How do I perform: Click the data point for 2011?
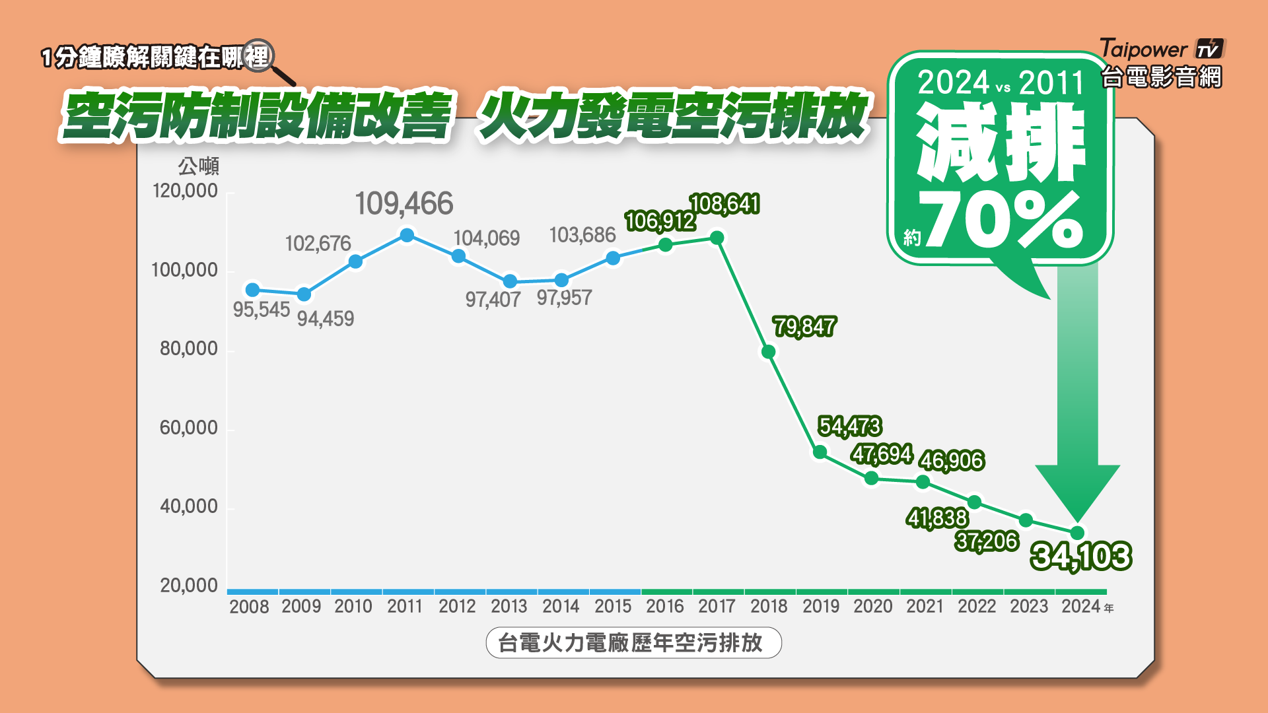click(x=407, y=236)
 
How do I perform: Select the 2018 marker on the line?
click(x=768, y=352)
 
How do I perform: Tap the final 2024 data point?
click(x=1077, y=533)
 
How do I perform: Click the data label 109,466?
click(x=404, y=203)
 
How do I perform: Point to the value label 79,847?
click(x=804, y=326)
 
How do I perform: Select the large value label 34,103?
click(x=1081, y=556)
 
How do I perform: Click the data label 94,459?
click(x=325, y=319)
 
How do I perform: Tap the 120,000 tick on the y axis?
click(x=185, y=191)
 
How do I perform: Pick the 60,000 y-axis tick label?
click(x=188, y=428)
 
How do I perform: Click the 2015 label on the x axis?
click(x=613, y=606)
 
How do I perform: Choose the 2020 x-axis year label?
click(x=872, y=606)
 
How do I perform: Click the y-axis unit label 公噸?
click(x=198, y=166)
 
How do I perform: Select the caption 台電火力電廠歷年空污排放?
click(x=633, y=642)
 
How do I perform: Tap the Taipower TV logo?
click(x=1162, y=50)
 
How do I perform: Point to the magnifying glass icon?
click(x=258, y=57)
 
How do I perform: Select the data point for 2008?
click(x=252, y=290)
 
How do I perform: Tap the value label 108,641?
click(x=724, y=204)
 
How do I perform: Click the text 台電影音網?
click(x=1162, y=77)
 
